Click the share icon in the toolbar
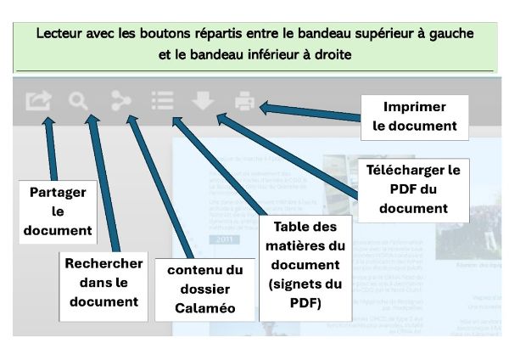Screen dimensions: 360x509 coord(38,102)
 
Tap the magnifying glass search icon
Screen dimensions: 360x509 coord(79,102)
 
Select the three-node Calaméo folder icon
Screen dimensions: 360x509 coord(120,102)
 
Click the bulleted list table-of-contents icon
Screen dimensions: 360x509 coord(162,102)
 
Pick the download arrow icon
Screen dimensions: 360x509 coord(203,102)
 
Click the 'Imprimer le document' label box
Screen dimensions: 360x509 coord(415,116)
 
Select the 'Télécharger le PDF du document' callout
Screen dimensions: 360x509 coord(413,188)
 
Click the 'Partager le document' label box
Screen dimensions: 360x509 coord(57,211)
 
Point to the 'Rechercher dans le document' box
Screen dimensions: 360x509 coord(103,282)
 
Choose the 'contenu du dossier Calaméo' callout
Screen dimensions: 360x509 coord(205,289)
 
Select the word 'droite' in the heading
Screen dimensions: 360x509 coord(331,54)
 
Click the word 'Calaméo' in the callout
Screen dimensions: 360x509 coord(205,307)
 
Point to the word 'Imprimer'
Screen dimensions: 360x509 coord(415,107)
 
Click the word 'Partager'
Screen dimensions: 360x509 coord(58,192)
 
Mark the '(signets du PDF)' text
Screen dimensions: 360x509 coord(305,293)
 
